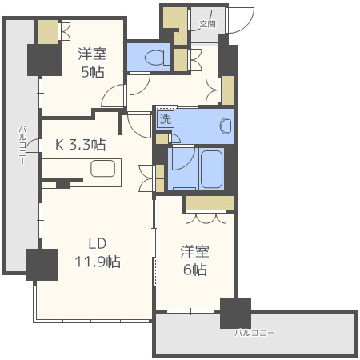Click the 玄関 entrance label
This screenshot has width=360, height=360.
click(x=207, y=24)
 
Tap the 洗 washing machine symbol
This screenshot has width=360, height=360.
click(x=166, y=119)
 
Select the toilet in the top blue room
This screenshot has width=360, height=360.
click(x=157, y=58)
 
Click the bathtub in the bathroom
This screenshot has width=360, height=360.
click(x=211, y=169)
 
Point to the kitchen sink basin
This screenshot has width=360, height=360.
click(x=103, y=169)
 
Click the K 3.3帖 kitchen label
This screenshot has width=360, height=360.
click(x=81, y=145)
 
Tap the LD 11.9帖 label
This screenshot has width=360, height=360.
click(x=98, y=253)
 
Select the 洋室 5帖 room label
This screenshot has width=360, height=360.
click(x=92, y=63)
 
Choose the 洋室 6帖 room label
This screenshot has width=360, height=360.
click(x=194, y=260)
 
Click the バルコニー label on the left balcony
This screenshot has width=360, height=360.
click(x=22, y=146)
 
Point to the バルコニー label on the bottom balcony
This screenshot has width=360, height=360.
click(x=255, y=333)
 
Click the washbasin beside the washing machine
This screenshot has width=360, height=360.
click(x=227, y=126)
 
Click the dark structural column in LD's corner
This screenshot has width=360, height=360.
click(x=42, y=265)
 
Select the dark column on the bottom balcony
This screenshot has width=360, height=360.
click(x=235, y=313)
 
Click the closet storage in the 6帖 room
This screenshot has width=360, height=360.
click(x=210, y=203)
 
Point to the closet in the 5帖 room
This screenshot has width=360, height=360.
click(x=47, y=32)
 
